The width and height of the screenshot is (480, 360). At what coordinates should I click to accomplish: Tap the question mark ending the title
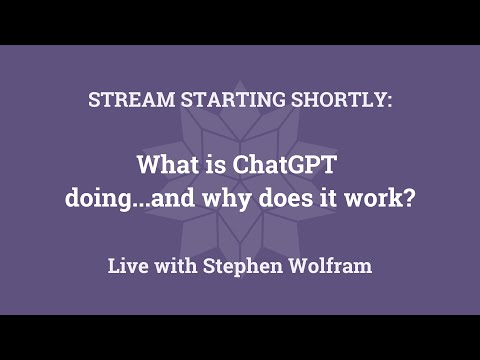pos(409,198)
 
